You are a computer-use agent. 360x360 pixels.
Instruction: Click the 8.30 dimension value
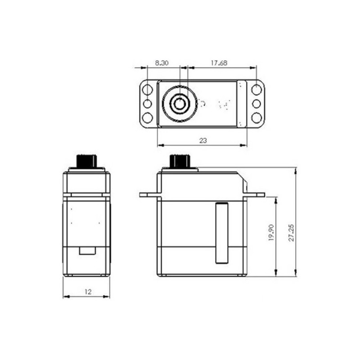pos(162,63)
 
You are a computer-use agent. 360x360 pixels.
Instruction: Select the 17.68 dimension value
pos(218,63)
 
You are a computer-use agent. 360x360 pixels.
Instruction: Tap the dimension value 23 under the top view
pos(203,140)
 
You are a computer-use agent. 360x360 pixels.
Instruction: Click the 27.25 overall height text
pos(292,231)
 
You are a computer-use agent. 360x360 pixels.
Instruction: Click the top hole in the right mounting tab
pos(256,89)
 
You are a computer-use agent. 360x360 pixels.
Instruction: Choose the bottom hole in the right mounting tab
pos(256,118)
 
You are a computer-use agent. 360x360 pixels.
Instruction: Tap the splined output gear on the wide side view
pos(180,161)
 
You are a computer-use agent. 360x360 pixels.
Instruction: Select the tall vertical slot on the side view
pos(222,233)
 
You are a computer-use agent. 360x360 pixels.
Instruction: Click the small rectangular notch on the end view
pos(87,251)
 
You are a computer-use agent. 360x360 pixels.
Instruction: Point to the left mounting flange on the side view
pos(148,195)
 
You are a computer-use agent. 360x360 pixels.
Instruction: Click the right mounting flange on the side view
pos(256,195)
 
